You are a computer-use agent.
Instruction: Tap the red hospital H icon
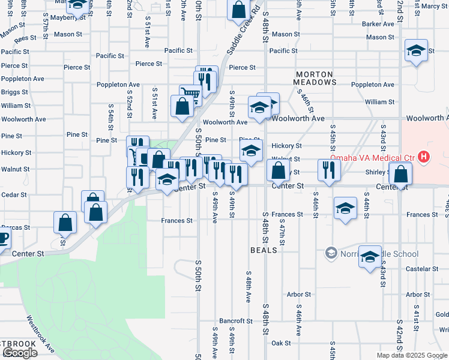click(x=424, y=158)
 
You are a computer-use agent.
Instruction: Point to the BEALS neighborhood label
click(x=264, y=250)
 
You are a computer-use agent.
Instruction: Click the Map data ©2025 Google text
click(x=412, y=355)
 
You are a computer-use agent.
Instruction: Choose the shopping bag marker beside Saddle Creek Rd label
click(x=238, y=10)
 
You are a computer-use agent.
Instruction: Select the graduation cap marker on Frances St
click(x=345, y=209)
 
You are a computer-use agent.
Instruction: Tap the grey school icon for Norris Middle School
click(x=330, y=254)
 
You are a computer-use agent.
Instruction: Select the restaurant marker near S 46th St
click(x=327, y=171)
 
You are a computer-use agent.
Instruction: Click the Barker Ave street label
click(x=378, y=24)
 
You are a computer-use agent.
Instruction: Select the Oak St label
click(x=281, y=343)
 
